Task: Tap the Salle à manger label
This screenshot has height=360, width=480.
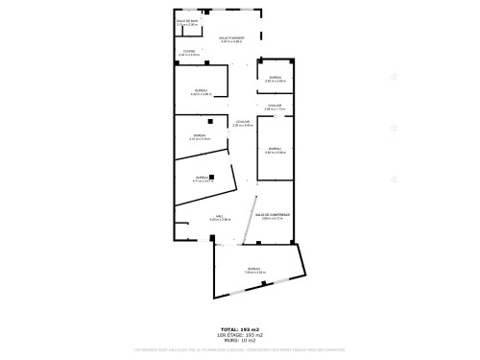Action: (231, 37)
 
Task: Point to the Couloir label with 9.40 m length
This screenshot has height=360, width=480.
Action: (243, 121)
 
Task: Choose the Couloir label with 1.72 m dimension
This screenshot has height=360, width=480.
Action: (276, 105)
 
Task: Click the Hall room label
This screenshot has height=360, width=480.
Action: (219, 216)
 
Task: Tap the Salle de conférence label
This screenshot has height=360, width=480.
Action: (273, 214)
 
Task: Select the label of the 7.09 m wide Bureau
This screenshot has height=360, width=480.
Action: (253, 268)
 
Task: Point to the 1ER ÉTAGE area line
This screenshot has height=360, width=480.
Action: (239, 334)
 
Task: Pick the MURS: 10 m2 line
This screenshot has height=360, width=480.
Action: (239, 340)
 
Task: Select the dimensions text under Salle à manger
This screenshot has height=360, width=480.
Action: (231, 41)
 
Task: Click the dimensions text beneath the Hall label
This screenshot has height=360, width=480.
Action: (219, 220)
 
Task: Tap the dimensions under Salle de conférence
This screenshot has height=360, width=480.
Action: (273, 218)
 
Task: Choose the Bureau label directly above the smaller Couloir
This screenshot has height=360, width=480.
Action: (275, 77)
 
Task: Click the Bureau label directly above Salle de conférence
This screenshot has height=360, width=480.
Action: (276, 149)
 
